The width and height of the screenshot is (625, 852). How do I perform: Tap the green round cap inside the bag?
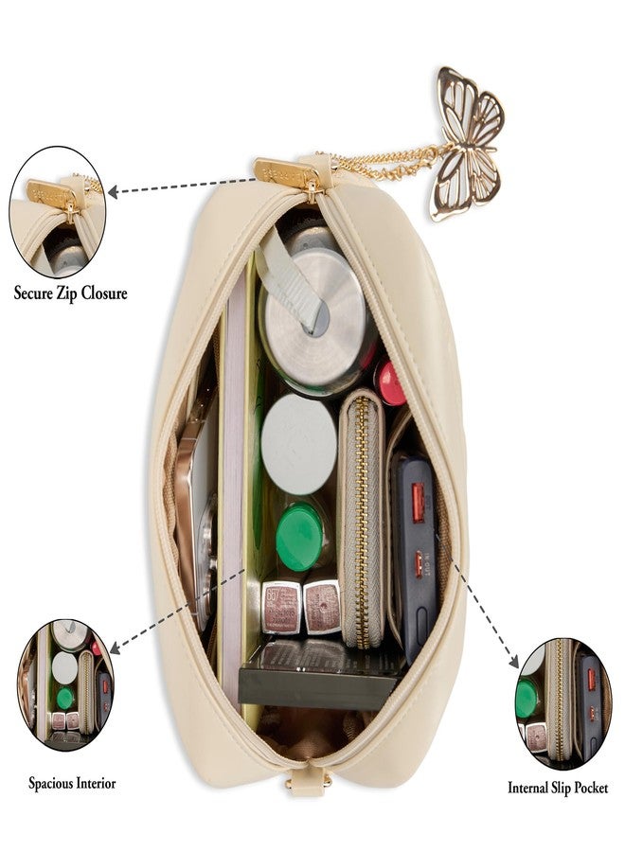299,537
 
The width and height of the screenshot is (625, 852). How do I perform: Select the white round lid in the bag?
299,444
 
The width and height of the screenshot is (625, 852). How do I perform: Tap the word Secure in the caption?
32,293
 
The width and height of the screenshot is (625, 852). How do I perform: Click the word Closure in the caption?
104,293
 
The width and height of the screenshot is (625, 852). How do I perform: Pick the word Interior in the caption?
94,784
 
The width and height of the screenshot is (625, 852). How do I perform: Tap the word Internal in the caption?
527,788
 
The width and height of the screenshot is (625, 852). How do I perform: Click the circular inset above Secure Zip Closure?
58,212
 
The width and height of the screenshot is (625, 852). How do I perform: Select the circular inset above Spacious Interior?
65,684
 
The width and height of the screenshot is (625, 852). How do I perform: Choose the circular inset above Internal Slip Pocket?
563,703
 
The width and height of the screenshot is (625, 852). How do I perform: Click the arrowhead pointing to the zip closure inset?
113,191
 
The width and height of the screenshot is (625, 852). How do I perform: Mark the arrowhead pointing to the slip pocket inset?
513,662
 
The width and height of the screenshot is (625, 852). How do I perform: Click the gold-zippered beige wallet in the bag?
362,519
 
